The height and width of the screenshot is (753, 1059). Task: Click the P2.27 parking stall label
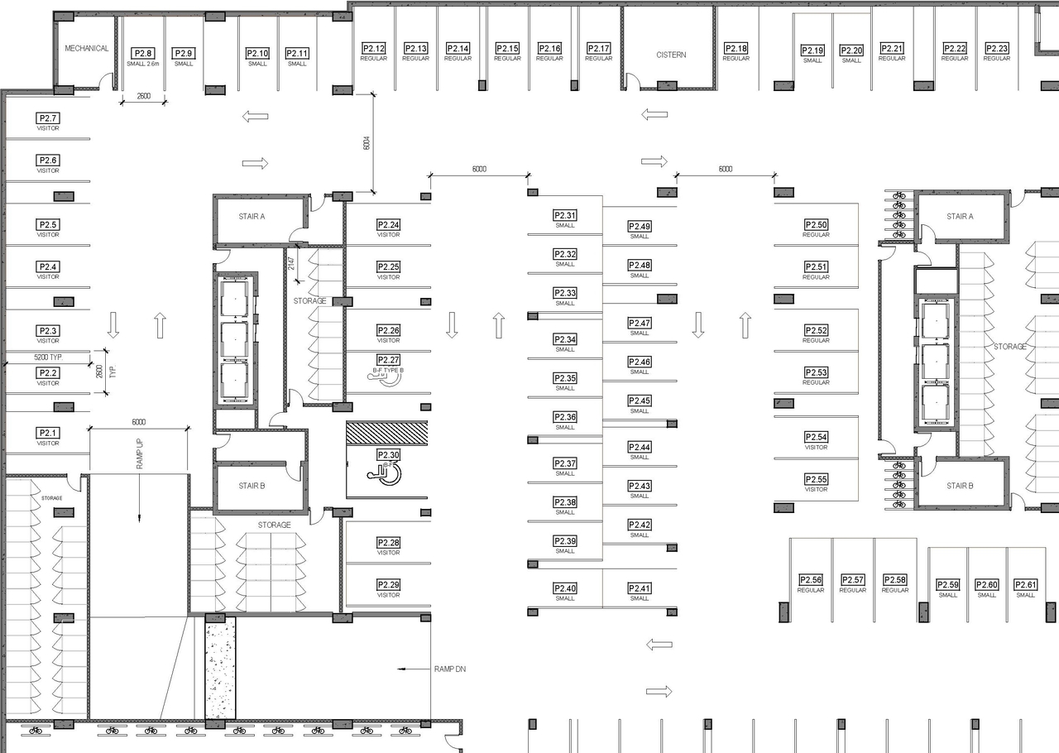pyautogui.click(x=388, y=360)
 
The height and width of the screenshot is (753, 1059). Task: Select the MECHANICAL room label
pyautogui.click(x=87, y=48)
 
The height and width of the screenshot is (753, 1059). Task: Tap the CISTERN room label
pyautogui.click(x=671, y=55)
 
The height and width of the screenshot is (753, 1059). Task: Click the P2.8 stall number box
pyautogui.click(x=143, y=53)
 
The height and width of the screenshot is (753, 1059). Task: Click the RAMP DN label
pyautogui.click(x=449, y=668)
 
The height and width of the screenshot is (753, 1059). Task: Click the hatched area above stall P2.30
pyautogui.click(x=386, y=433)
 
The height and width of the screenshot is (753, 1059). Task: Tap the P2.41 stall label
pyautogui.click(x=640, y=588)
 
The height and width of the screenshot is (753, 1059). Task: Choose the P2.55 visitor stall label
pyautogui.click(x=816, y=480)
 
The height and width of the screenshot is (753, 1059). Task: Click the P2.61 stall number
pyautogui.click(x=1025, y=585)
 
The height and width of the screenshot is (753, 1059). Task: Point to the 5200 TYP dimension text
pyautogui.click(x=48, y=357)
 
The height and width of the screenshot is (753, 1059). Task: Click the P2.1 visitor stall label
pyautogui.click(x=48, y=433)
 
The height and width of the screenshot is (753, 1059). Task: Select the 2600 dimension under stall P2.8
pyautogui.click(x=143, y=97)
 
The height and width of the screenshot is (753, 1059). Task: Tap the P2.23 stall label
pyautogui.click(x=996, y=49)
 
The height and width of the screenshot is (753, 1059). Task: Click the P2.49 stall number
pyautogui.click(x=640, y=226)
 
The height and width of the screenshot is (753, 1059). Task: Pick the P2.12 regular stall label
pyautogui.click(x=374, y=49)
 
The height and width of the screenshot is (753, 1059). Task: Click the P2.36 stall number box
pyautogui.click(x=565, y=417)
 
